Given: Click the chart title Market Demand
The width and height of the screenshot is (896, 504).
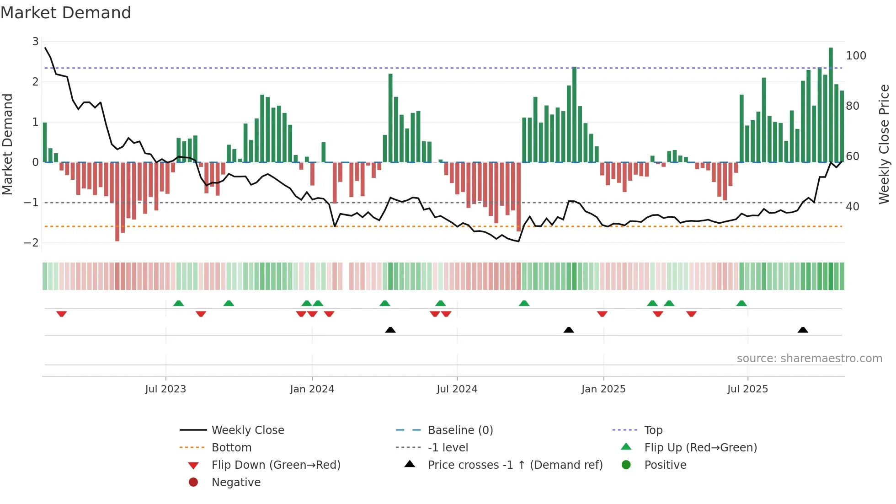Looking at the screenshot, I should (66, 13).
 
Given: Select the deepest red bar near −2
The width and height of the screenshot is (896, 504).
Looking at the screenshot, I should (117, 201).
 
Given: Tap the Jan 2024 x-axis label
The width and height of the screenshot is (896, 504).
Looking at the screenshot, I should (312, 389).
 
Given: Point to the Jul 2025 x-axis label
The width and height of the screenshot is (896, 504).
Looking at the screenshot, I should (747, 389).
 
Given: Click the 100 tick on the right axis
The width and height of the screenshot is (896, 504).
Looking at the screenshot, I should (856, 56).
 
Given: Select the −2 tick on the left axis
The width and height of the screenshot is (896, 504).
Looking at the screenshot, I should (32, 243).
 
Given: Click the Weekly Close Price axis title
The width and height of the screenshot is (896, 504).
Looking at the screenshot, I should (884, 144).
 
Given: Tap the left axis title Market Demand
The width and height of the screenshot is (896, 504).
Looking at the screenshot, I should (8, 144).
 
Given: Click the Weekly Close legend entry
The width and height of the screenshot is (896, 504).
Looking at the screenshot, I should (247, 430).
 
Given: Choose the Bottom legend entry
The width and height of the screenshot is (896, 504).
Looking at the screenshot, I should (231, 448).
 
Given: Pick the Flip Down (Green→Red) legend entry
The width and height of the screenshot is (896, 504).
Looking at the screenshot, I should (276, 465).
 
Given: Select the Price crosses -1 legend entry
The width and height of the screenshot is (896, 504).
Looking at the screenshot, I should (515, 465).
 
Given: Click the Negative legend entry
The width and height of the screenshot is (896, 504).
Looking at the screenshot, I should (236, 483).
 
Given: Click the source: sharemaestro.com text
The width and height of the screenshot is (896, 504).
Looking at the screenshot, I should (809, 359).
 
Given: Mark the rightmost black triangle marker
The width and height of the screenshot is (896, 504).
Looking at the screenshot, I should (803, 330).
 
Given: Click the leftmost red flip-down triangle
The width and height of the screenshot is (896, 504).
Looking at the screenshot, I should (62, 314).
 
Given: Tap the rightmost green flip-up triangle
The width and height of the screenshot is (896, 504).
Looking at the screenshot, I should (741, 303).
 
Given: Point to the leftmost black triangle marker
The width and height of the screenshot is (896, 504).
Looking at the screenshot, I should (390, 330).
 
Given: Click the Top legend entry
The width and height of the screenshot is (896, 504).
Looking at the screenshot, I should (653, 430).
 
